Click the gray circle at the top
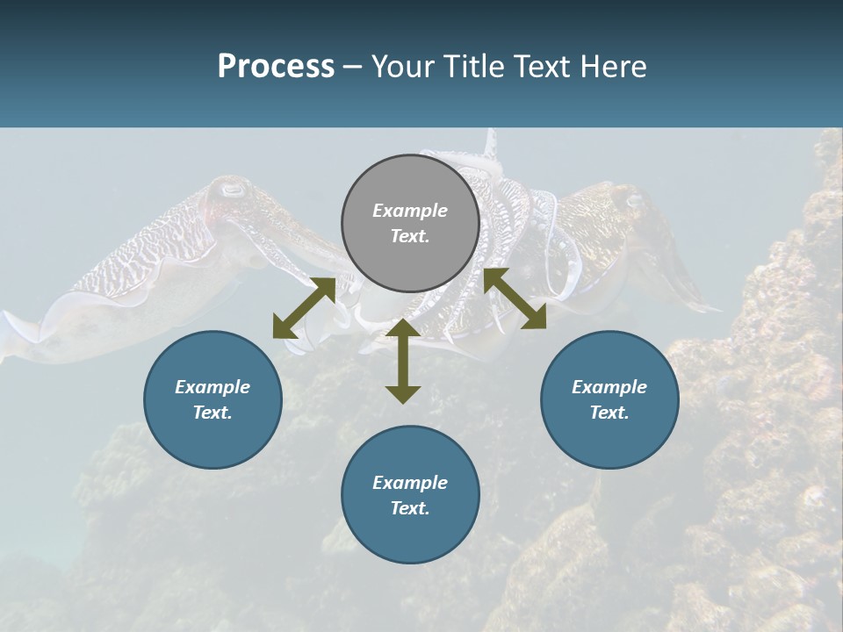[x=410, y=224]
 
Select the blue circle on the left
[x=213, y=399]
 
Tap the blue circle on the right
[x=609, y=399]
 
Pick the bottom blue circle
[x=410, y=495]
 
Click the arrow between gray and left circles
[x=304, y=308]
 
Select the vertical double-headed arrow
[x=403, y=361]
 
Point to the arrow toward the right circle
[x=515, y=298]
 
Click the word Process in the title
[x=276, y=66]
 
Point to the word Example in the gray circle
[x=410, y=211]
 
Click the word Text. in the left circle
[x=213, y=413]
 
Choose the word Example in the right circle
[x=609, y=387]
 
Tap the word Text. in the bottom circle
[x=410, y=508]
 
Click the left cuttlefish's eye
[x=233, y=189]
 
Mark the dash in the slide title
[x=352, y=68]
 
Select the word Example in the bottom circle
[x=410, y=483]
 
